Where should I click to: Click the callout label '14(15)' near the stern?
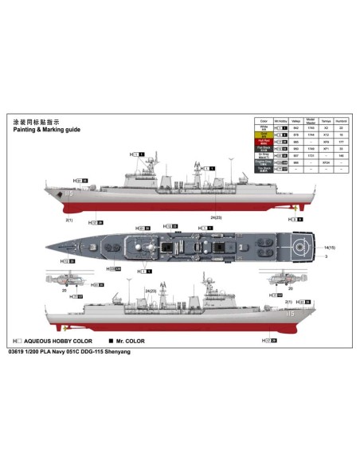329,248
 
